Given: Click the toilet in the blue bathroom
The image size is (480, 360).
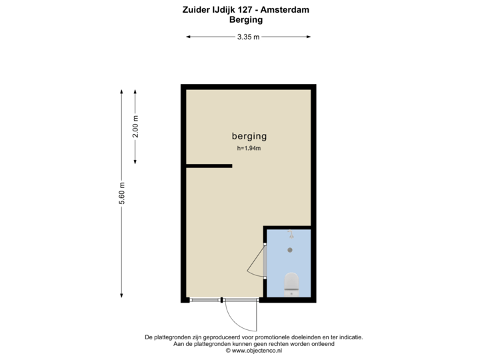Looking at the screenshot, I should (291, 283).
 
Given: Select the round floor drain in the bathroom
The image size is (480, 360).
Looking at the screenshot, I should (290, 249).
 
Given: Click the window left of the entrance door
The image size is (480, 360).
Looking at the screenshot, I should (205, 300).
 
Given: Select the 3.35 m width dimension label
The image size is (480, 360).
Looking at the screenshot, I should (249, 37).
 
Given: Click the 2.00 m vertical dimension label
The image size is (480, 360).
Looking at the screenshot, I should (135, 127).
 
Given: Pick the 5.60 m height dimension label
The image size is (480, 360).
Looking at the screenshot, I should (121, 194).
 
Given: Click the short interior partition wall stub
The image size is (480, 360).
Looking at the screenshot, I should (209, 165).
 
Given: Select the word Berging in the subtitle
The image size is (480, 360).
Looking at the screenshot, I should (245, 19).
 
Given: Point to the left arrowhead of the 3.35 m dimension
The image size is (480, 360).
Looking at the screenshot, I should (189, 37).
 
